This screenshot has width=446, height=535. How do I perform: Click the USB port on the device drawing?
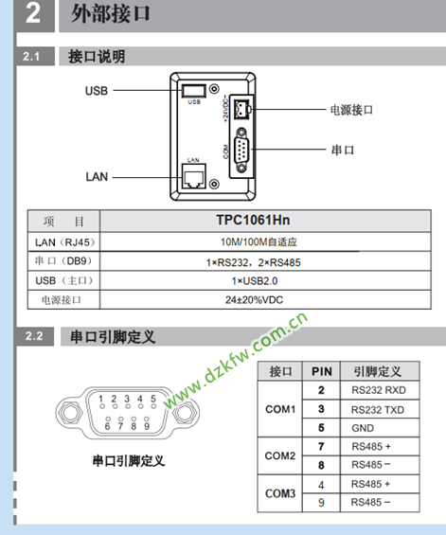[194, 91]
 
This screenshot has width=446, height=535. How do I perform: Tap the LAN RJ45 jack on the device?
[194, 176]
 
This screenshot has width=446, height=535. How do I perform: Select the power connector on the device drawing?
[242, 109]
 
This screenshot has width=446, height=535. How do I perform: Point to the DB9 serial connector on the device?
[241, 151]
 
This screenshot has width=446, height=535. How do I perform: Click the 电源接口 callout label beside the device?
[351, 110]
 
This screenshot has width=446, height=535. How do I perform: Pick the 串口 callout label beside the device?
[343, 150]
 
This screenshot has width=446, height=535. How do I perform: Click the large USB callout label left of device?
[97, 91]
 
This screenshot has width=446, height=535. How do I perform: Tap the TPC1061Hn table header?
[253, 220]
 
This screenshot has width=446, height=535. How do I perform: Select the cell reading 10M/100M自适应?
[259, 241]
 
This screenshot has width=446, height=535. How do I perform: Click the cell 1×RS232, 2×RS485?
[253, 262]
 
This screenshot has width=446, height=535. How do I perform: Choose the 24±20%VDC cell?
[254, 300]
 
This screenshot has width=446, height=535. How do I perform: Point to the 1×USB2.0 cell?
[255, 281]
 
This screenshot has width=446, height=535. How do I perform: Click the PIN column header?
[321, 371]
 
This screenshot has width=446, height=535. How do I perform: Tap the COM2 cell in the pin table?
[280, 455]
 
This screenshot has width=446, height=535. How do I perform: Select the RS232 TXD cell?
[378, 410]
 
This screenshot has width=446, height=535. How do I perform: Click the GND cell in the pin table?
[363, 428]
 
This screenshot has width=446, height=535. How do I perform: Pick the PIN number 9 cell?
[321, 503]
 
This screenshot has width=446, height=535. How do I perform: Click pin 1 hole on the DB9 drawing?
[101, 406]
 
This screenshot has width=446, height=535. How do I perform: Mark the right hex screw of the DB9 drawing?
[184, 414]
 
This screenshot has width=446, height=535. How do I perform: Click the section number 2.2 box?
[34, 336]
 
